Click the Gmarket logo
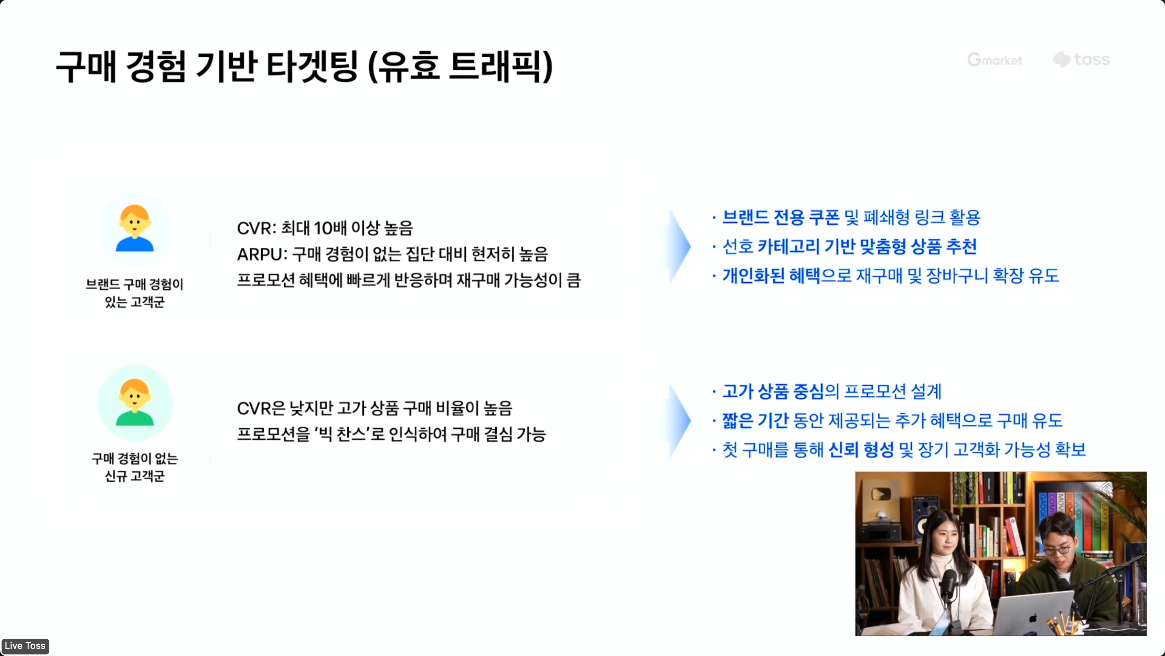(994, 60)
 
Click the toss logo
(1081, 59)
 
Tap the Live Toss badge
(25, 645)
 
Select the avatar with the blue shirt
(135, 228)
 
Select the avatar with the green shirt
(135, 402)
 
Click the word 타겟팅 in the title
(312, 67)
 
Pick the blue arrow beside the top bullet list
(680, 247)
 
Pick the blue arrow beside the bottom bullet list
(680, 421)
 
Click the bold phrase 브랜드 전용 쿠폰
(781, 218)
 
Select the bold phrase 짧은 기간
(755, 421)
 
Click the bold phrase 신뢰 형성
(861, 450)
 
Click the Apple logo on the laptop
(1033, 618)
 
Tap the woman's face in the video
(943, 542)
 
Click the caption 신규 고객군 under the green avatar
(135, 476)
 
